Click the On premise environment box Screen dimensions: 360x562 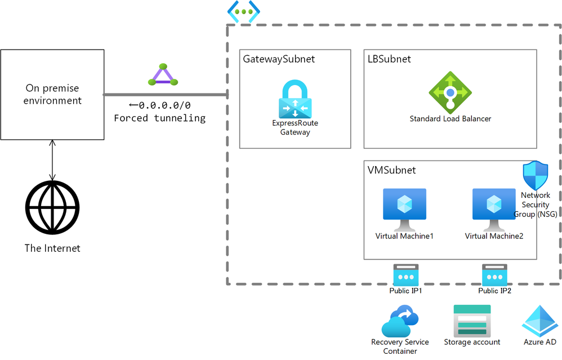(52, 95)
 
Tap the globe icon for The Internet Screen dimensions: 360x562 (52, 206)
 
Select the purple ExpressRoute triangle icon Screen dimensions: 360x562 (162, 75)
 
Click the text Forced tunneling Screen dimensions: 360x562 (159, 118)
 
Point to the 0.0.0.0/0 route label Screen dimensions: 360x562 (159, 105)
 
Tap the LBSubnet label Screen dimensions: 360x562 (389, 59)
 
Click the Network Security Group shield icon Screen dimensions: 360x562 (535, 175)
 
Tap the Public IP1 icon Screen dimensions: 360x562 (405, 274)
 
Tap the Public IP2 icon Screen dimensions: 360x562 (494, 274)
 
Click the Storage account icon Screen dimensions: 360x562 (472, 321)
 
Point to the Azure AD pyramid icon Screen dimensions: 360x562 (539, 321)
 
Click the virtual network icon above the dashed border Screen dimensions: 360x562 (243, 11)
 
